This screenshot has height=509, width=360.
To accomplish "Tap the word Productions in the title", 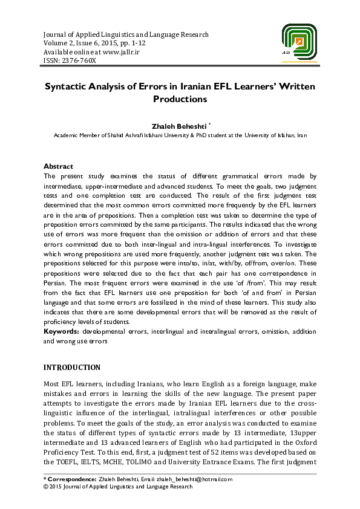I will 180,99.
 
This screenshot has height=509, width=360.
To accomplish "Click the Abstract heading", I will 58,166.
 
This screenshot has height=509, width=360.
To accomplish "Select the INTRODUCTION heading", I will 72,368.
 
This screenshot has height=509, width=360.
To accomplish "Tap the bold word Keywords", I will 62,332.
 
